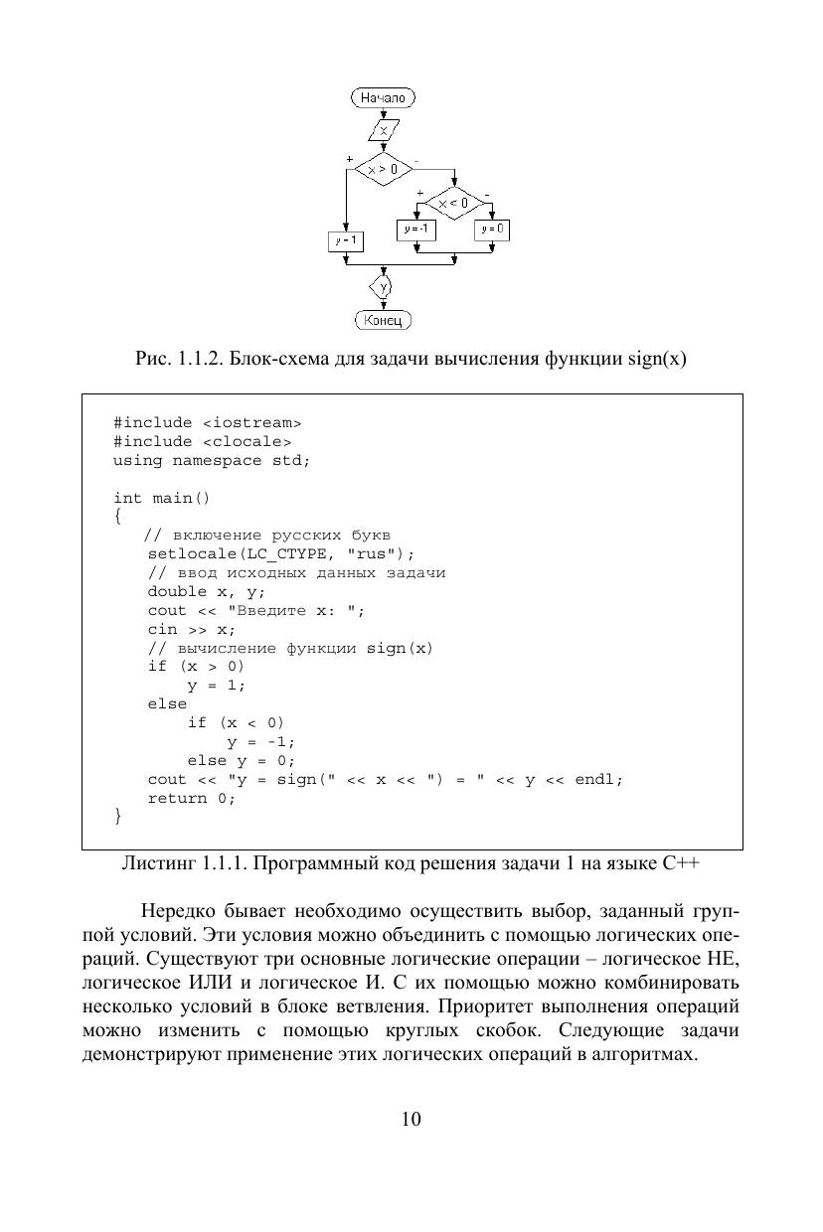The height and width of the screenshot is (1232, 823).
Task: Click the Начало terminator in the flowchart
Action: coord(383,97)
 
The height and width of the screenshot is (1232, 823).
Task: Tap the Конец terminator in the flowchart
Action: coord(383,320)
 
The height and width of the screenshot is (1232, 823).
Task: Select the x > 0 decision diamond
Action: coord(383,168)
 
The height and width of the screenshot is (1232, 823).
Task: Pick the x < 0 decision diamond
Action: coord(453,204)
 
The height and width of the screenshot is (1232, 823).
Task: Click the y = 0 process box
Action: coord(492,229)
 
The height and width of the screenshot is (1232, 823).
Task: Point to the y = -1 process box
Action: coord(416,229)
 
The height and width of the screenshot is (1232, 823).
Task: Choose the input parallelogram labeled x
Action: coord(383,131)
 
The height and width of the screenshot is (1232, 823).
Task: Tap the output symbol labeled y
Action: coord(383,287)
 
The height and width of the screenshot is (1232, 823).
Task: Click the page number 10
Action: coord(411,1119)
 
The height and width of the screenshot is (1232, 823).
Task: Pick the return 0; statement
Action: coord(192,799)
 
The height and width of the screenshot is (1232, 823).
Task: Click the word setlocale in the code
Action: coord(187,553)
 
